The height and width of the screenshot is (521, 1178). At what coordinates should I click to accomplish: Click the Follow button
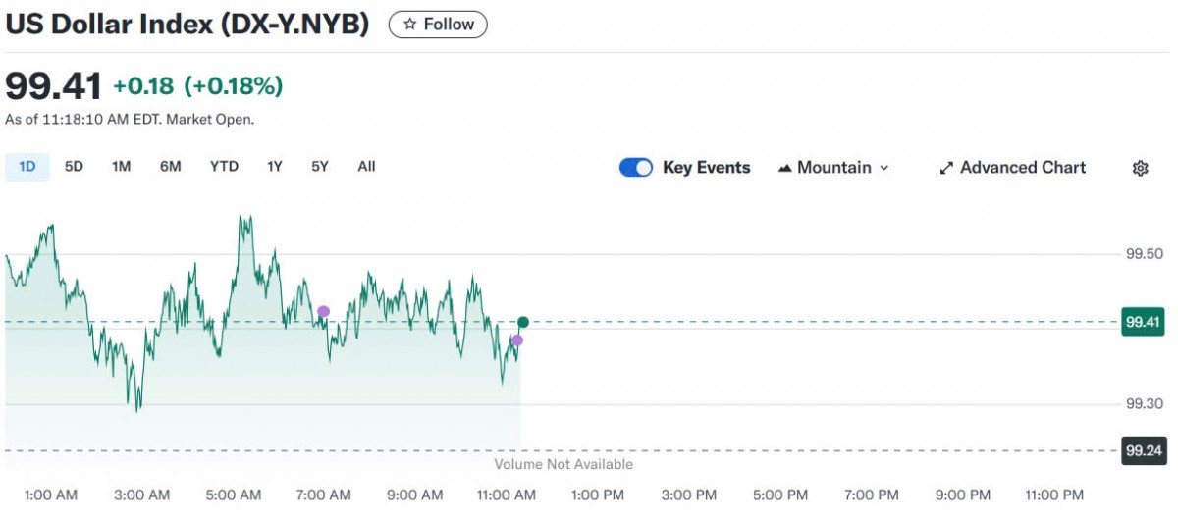[438, 25]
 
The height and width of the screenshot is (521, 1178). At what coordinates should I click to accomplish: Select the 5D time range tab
[74, 167]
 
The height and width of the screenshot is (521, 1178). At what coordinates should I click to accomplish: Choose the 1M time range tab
[121, 167]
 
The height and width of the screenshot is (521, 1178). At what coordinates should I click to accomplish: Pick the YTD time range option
[224, 167]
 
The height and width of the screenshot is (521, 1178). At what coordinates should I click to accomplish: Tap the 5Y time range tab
[320, 167]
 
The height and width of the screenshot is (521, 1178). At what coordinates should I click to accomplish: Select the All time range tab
[366, 167]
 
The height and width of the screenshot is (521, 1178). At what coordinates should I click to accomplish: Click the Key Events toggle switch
[636, 168]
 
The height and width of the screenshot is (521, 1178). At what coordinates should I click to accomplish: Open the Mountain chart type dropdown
[833, 168]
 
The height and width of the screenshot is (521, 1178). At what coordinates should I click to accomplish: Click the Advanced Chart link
[1013, 168]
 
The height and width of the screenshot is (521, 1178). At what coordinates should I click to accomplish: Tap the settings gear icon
[1140, 168]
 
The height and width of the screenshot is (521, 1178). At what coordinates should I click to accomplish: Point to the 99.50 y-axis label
[1145, 254]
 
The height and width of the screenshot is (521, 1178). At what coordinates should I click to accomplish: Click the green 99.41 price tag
[1143, 321]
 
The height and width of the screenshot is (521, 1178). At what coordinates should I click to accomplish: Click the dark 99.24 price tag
[1143, 450]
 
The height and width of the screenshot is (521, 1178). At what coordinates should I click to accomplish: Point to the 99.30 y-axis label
[1145, 404]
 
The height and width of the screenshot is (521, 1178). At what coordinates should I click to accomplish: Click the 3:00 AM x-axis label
[141, 495]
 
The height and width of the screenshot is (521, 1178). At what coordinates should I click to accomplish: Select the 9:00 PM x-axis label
[963, 495]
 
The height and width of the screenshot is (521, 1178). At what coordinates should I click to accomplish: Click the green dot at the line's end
[523, 322]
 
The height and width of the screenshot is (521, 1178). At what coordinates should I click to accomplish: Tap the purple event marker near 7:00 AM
[323, 312]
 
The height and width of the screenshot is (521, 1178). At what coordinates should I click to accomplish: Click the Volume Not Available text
[563, 464]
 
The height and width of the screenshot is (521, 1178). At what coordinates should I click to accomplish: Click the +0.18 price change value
[143, 86]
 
